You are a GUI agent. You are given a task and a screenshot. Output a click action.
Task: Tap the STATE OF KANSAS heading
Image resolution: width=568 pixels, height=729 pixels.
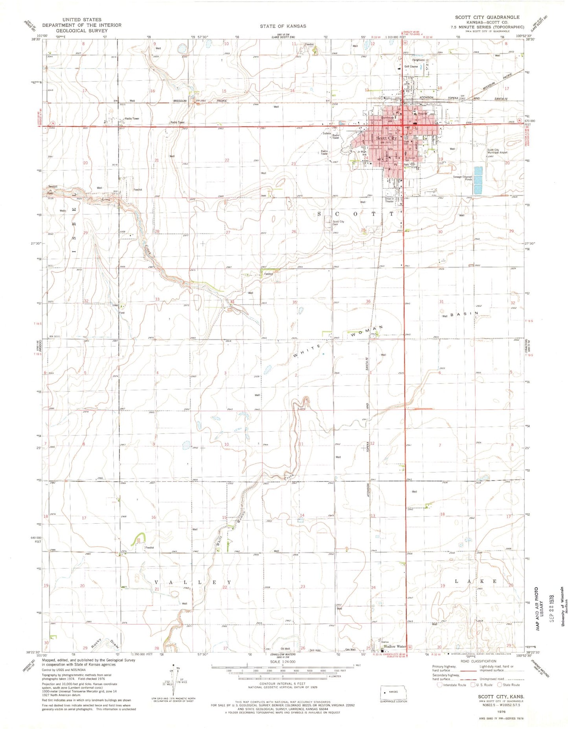pos(283,26)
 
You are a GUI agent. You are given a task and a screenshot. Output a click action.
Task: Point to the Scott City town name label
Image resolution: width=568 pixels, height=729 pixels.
pos(386,138)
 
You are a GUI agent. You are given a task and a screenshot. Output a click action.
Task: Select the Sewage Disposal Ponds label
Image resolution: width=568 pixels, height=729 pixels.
pos(462,178)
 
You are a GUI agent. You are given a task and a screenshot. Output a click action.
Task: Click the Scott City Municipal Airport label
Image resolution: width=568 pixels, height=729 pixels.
pos(497,151)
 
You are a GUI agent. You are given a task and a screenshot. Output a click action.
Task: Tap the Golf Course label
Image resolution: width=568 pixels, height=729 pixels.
pos(411,66)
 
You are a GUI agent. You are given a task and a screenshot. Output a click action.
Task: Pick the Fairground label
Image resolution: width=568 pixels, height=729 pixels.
pos(418,60)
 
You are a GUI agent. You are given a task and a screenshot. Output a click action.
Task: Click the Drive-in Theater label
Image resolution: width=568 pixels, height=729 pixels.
pos(390,200)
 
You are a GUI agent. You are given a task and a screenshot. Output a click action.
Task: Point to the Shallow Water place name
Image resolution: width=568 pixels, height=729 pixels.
pos(395,646)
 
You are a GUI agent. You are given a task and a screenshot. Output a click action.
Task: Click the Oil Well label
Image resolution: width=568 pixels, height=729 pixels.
pos(285,649)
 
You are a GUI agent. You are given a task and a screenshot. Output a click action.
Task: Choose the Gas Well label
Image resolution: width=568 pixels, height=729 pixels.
pos(350,650)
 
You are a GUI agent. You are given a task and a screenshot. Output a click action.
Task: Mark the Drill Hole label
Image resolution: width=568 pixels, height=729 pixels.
pos(315,650)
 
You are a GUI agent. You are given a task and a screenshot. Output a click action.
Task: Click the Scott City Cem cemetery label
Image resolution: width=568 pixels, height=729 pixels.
pos(338,223)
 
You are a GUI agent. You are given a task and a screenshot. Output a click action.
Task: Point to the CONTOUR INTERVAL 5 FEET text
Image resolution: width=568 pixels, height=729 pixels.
pos(282,684)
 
